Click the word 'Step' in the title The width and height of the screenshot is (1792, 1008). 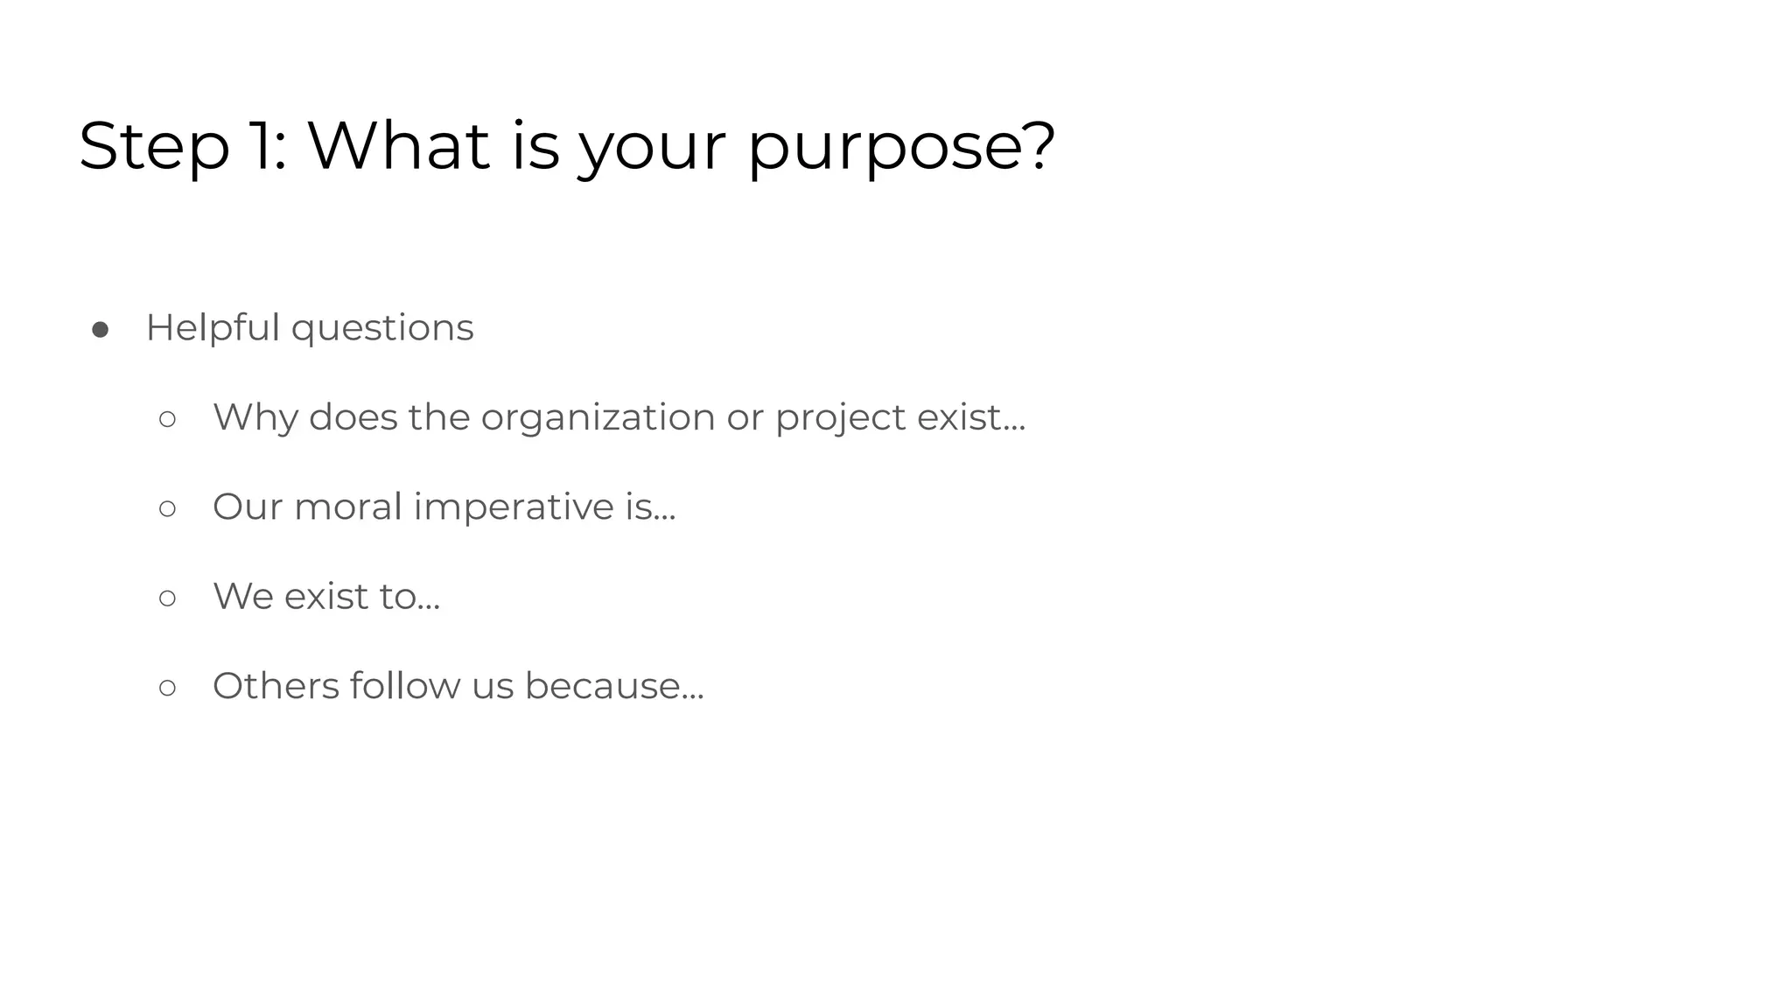[154, 147]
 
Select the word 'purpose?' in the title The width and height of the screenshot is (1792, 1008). [901, 147]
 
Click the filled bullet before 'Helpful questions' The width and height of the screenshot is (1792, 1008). [100, 330]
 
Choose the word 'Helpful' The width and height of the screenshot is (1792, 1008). [212, 328]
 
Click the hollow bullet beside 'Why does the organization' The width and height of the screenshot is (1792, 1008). [167, 419]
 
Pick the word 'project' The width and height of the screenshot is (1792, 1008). [840, 418]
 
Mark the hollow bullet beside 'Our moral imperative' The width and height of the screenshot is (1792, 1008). [167, 508]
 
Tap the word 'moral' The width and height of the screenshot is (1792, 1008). [347, 507]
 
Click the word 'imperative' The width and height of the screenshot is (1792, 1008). [514, 507]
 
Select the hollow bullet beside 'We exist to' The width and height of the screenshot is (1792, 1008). [167, 598]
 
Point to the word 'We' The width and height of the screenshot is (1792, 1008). [242, 597]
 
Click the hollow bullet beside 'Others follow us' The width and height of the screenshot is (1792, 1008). [167, 688]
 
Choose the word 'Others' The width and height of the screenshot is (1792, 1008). [276, 686]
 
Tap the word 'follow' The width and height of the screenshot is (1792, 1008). [404, 686]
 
